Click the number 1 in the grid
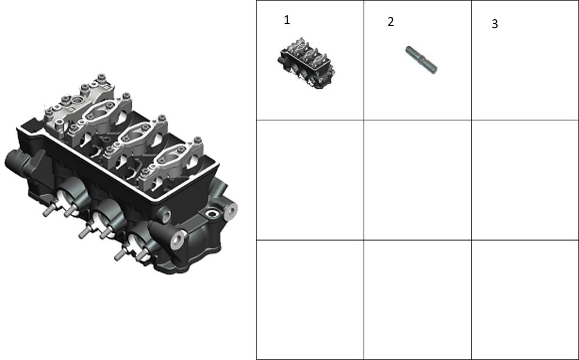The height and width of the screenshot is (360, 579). (287, 20)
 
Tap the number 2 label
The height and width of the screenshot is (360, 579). (391, 22)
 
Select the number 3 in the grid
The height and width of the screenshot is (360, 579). (495, 24)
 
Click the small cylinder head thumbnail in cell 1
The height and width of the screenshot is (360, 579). (306, 63)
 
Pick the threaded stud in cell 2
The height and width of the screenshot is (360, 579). (421, 60)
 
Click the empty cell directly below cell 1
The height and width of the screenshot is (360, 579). (310, 180)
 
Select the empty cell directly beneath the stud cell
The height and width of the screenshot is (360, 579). (417, 180)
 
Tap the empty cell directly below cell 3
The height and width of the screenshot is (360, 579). (525, 180)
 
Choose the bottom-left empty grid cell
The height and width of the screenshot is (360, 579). (310, 300)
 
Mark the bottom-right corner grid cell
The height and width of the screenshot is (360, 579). (525, 300)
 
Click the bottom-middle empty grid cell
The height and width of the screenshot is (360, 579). (417, 300)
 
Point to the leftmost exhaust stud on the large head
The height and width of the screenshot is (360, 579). (48, 211)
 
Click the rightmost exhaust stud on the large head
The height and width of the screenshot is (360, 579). (142, 255)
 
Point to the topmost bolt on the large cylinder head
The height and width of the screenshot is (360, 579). (101, 77)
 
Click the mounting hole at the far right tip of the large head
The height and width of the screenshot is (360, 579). (230, 211)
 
